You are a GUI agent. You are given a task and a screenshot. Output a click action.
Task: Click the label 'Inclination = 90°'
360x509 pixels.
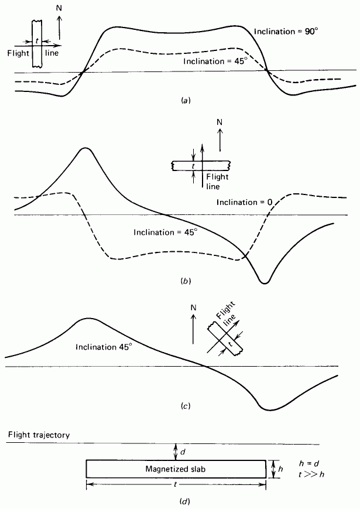click(x=286, y=32)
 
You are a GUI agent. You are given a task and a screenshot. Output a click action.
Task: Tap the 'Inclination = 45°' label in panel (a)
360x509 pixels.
click(x=214, y=61)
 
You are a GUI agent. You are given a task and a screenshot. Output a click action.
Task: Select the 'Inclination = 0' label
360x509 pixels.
click(x=244, y=202)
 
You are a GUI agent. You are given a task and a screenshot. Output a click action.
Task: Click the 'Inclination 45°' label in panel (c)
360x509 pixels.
click(x=104, y=347)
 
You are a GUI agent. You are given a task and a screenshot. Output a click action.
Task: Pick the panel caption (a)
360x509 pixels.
click(x=185, y=101)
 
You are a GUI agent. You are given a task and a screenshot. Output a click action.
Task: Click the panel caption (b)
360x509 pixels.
click(x=185, y=281)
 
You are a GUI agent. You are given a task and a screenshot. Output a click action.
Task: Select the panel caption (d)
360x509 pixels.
click(x=185, y=501)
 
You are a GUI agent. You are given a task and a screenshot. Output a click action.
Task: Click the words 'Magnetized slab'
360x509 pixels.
click(x=175, y=469)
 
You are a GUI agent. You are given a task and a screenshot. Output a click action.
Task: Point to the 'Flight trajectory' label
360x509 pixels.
click(x=39, y=435)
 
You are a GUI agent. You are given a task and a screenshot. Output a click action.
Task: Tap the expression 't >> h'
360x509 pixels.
click(x=311, y=474)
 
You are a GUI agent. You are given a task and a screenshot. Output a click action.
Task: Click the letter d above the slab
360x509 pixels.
click(x=183, y=452)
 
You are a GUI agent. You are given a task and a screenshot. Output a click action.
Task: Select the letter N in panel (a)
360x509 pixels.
click(x=59, y=8)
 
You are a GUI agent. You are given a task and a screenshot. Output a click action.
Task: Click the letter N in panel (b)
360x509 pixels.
click(x=220, y=122)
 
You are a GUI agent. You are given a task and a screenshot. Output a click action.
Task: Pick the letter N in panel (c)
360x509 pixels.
click(x=194, y=308)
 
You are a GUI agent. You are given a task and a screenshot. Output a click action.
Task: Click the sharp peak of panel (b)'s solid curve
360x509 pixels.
click(x=85, y=148)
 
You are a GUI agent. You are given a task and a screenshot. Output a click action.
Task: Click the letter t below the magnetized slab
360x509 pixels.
click(x=176, y=484)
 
